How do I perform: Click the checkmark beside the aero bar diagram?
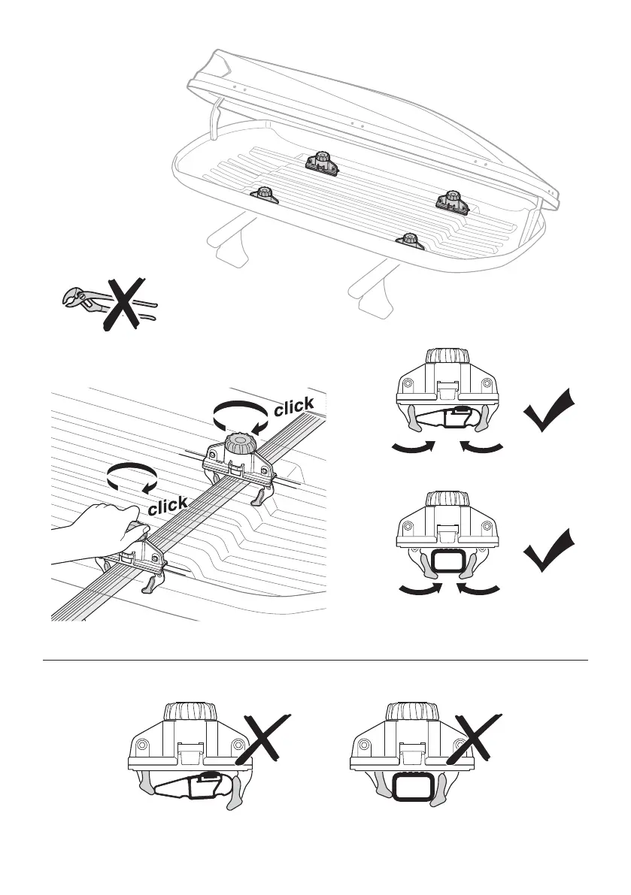(551, 411)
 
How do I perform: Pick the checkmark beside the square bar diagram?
(551, 552)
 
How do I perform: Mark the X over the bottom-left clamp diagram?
(262, 739)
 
